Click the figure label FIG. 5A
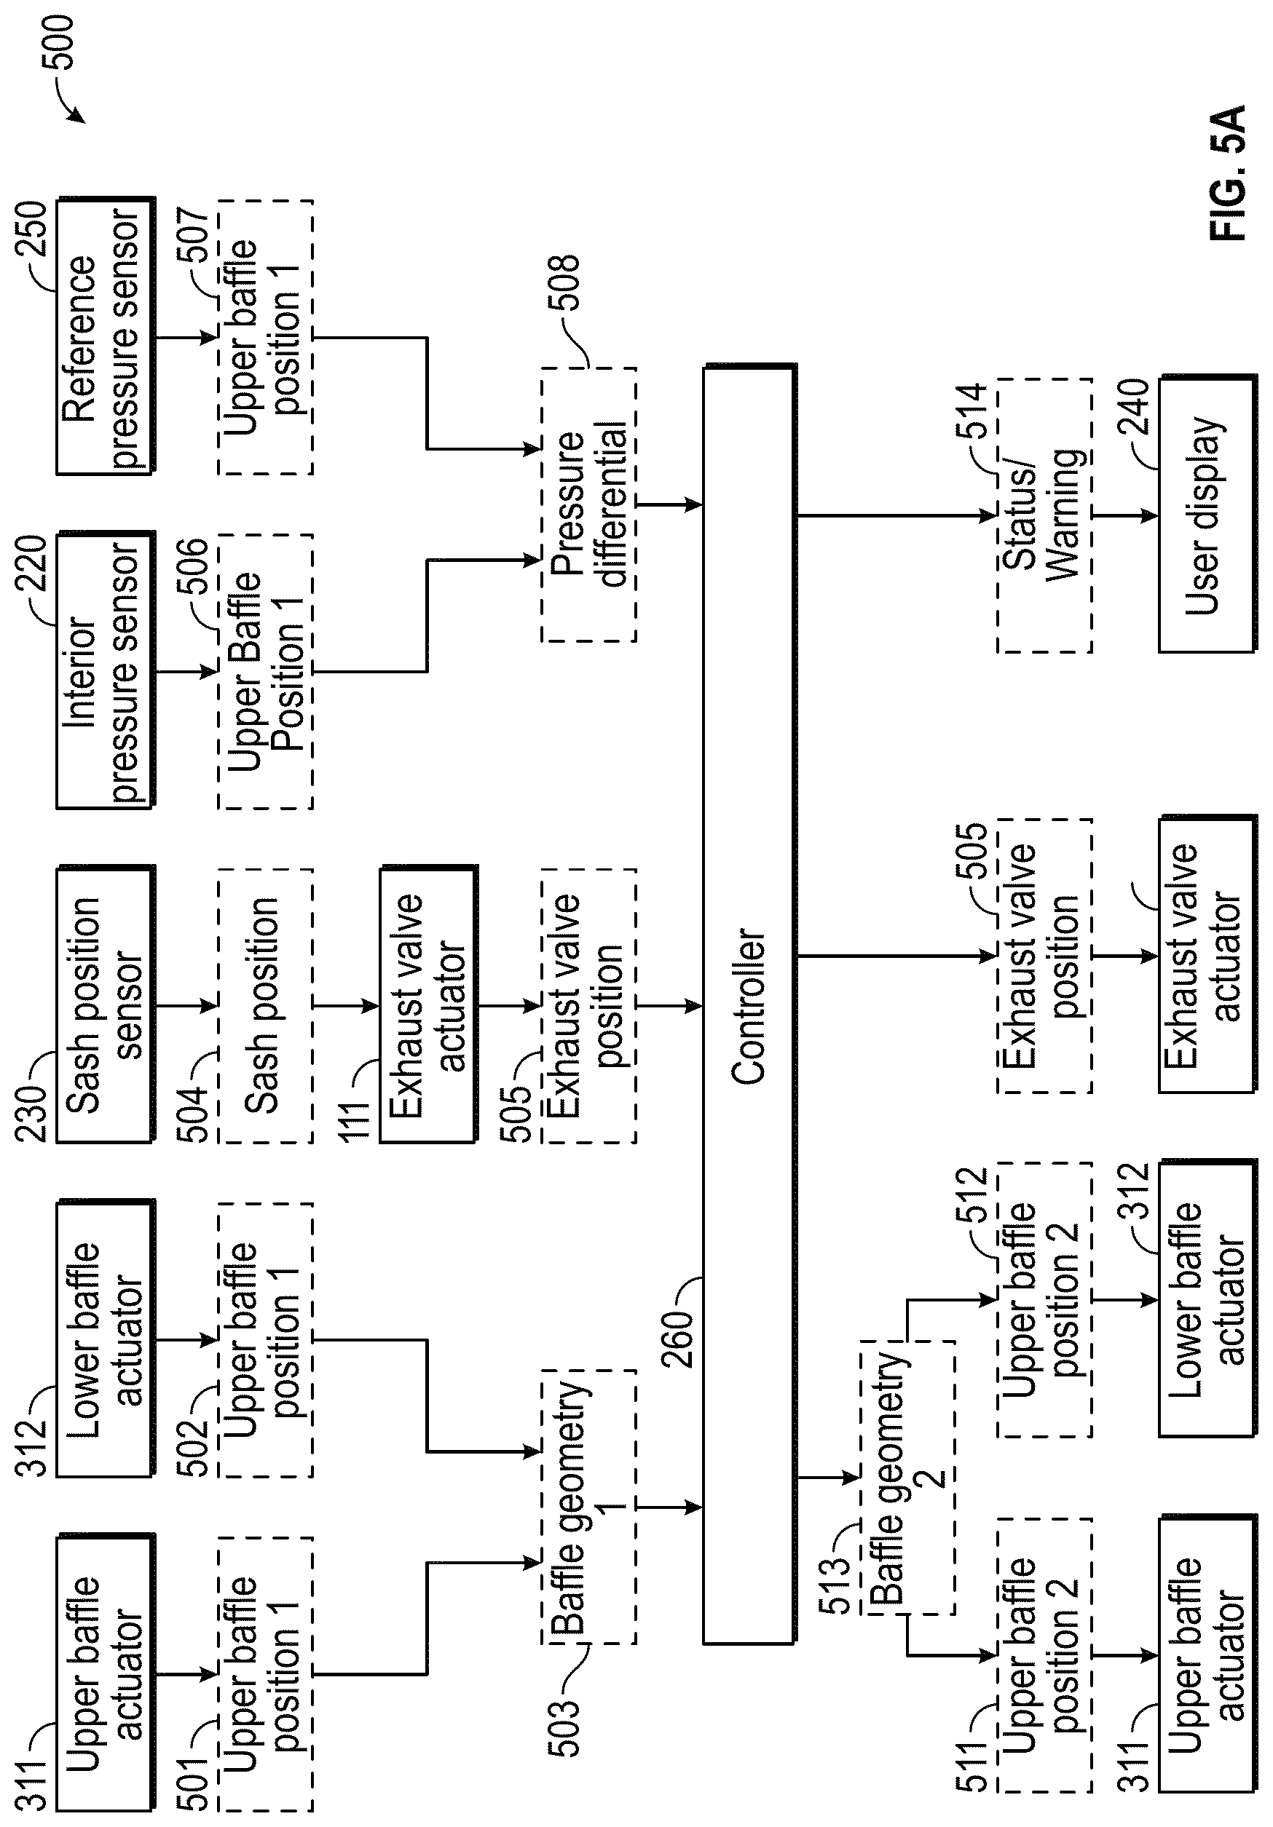pyautogui.click(x=1226, y=173)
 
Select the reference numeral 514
pyautogui.click(x=971, y=411)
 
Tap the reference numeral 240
pyautogui.click(x=1134, y=407)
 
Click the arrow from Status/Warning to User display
pyautogui.click(x=1125, y=515)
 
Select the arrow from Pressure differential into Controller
pyautogui.click(x=669, y=504)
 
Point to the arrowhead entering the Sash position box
pyautogui.click(x=210, y=1006)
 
